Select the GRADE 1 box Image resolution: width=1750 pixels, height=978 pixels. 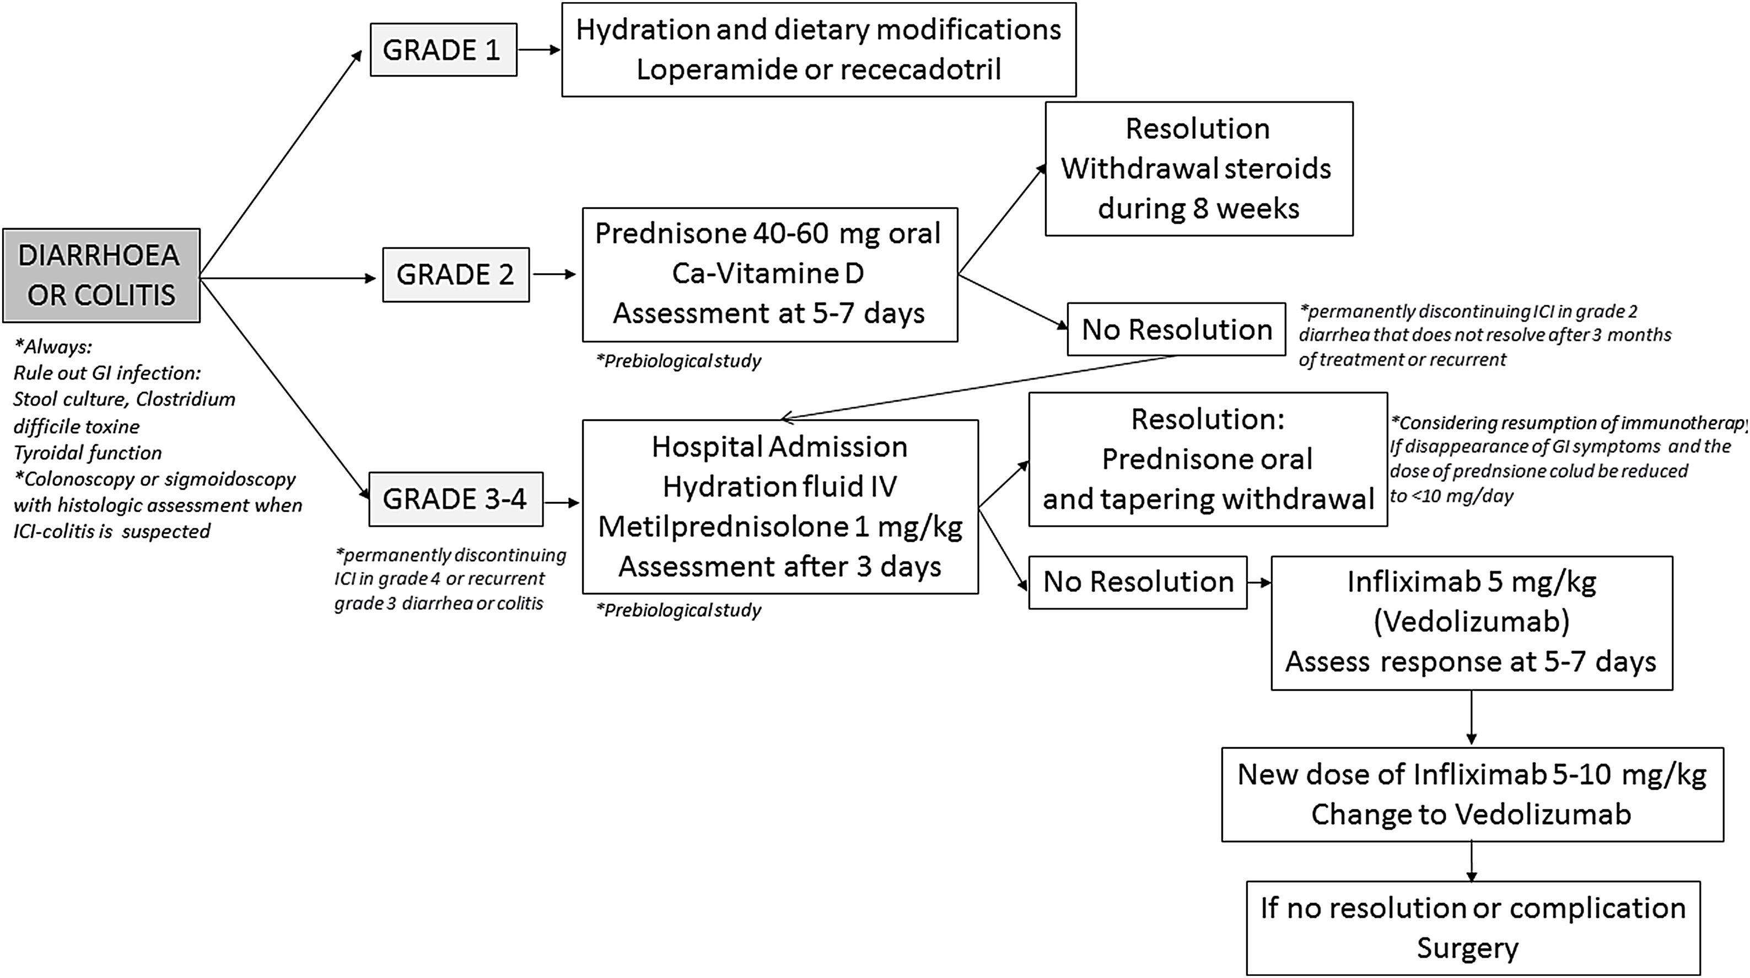[443, 50]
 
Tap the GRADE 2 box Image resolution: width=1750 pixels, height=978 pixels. [455, 274]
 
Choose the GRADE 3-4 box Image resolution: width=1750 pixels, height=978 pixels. [455, 499]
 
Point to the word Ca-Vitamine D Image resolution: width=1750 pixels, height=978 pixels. [768, 273]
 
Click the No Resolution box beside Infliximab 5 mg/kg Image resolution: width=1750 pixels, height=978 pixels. [1137, 582]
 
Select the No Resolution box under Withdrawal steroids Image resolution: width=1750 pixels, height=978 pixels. [1176, 329]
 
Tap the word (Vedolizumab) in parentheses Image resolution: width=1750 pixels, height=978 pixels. [1472, 622]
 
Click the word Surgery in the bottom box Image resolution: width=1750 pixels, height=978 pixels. [1467, 948]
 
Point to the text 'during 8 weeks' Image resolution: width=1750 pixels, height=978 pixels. [1198, 208]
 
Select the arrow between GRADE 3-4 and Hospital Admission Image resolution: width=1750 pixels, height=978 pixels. [561, 502]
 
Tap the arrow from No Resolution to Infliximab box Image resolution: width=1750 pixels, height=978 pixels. [1259, 582]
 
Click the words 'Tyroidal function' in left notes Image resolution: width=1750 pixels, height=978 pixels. [87, 452]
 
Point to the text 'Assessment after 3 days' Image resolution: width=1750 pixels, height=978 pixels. [779, 566]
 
